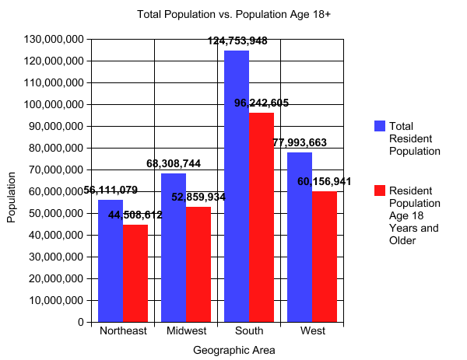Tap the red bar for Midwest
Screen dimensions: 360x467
coord(198,264)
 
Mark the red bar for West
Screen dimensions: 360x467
coord(324,257)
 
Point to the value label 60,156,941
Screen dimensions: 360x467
coord(325,181)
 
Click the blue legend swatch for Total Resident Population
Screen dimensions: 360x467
coord(380,126)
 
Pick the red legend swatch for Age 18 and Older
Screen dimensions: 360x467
coord(380,190)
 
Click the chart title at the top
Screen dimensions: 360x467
coord(233,14)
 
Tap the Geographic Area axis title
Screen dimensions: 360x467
coord(233,350)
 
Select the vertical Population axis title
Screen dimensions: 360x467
coord(11,197)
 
